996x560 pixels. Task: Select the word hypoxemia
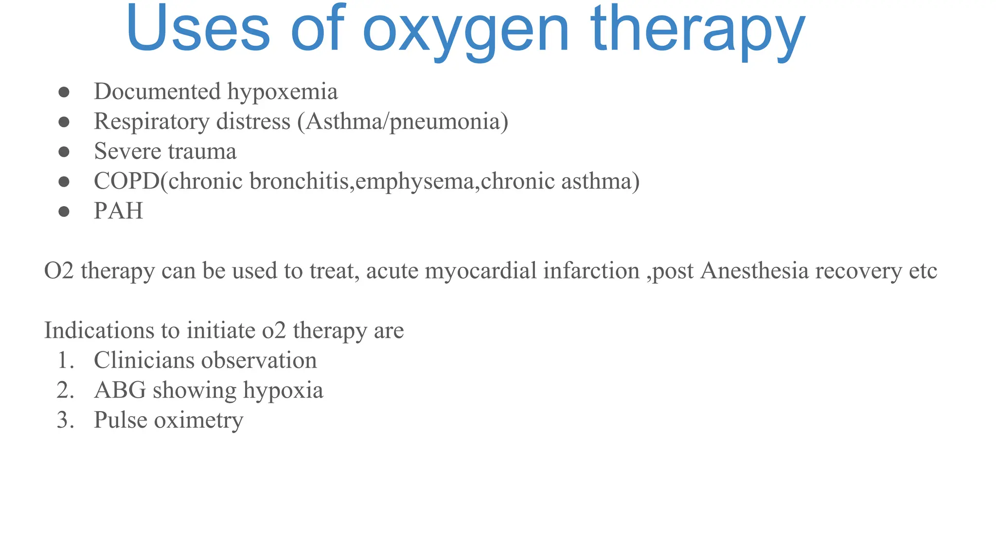tap(283, 92)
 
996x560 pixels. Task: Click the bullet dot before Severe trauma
tap(64, 152)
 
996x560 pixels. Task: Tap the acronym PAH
tap(118, 211)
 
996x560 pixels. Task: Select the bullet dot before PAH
tap(64, 211)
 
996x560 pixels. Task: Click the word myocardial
tap(480, 271)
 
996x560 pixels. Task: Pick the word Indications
tap(99, 331)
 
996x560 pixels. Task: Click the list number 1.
tap(65, 361)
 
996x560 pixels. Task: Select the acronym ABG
tap(120, 390)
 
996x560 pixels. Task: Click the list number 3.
tap(65, 420)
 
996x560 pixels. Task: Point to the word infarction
tap(591, 271)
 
